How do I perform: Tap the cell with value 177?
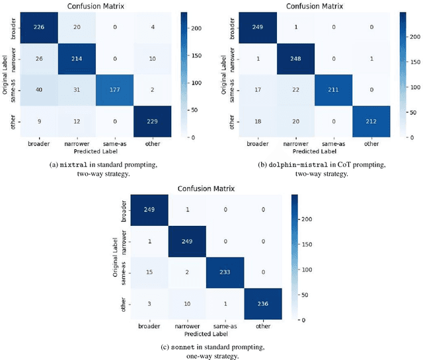[115, 90]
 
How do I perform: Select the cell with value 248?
[293, 59]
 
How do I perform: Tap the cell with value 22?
[293, 90]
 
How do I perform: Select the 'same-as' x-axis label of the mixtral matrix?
[115, 143]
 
